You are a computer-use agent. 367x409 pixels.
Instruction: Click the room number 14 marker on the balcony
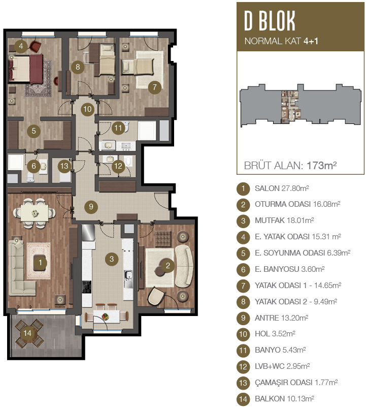[27, 333]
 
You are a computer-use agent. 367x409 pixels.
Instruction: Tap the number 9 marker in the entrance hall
[91, 207]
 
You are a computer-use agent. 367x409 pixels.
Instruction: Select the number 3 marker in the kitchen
[112, 259]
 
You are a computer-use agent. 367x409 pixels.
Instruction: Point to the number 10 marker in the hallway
[88, 109]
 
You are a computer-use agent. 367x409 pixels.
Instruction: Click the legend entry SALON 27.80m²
[282, 188]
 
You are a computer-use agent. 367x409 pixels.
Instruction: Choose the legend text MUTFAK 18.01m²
[284, 221]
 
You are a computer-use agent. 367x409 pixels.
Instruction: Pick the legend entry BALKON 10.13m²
[284, 398]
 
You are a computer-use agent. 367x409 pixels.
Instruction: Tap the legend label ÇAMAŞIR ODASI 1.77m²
[296, 383]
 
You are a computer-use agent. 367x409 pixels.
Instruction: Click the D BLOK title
[270, 21]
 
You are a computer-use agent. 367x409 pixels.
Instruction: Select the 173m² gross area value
[322, 165]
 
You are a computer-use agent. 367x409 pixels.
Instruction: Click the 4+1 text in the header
[311, 41]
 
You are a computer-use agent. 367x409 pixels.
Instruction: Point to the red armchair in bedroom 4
[36, 46]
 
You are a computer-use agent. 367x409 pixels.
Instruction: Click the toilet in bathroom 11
[126, 127]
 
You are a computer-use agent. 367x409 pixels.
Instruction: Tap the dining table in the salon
[35, 213]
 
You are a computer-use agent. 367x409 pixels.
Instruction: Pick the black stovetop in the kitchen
[87, 287]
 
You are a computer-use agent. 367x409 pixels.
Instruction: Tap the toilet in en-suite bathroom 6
[30, 177]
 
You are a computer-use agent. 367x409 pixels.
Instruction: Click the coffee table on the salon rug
[39, 262]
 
